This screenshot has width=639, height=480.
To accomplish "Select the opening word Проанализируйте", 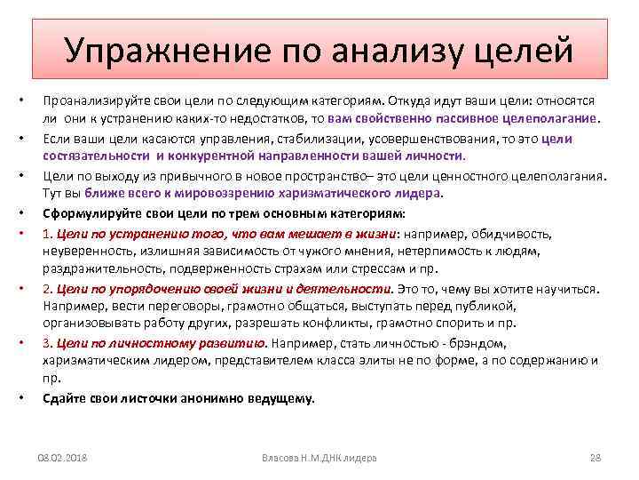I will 99,100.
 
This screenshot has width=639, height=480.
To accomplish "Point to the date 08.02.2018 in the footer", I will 67,457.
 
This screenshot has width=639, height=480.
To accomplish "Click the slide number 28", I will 596,457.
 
